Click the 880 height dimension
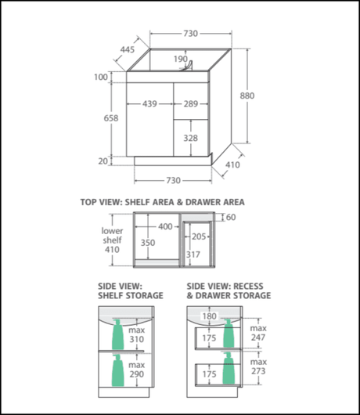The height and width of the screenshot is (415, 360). click(x=247, y=96)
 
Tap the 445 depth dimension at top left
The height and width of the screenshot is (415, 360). click(x=128, y=49)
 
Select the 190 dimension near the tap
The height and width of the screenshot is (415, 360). click(x=181, y=59)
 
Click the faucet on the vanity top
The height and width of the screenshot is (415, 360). click(x=188, y=66)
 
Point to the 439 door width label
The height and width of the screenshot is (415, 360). click(x=149, y=103)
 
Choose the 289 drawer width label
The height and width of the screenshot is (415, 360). click(x=191, y=103)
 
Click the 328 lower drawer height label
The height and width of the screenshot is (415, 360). click(x=191, y=138)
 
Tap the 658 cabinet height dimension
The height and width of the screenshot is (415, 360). click(x=111, y=118)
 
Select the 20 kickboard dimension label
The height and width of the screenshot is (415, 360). click(x=103, y=161)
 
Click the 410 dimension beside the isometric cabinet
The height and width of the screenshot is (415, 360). click(x=232, y=165)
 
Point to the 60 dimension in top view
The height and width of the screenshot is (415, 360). click(x=231, y=217)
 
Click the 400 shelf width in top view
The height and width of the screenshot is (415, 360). click(x=165, y=226)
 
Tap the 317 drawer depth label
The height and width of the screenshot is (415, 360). click(x=193, y=254)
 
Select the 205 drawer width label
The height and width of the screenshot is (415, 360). click(x=199, y=236)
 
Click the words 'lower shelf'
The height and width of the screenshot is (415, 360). click(x=112, y=235)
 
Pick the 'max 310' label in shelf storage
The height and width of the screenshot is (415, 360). click(x=137, y=334)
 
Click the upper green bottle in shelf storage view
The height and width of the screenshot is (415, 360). click(x=117, y=334)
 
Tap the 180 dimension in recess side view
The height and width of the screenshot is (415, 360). click(x=210, y=316)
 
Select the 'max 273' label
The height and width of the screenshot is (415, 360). click(x=258, y=366)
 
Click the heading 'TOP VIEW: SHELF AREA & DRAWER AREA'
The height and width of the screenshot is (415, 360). click(x=163, y=202)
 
